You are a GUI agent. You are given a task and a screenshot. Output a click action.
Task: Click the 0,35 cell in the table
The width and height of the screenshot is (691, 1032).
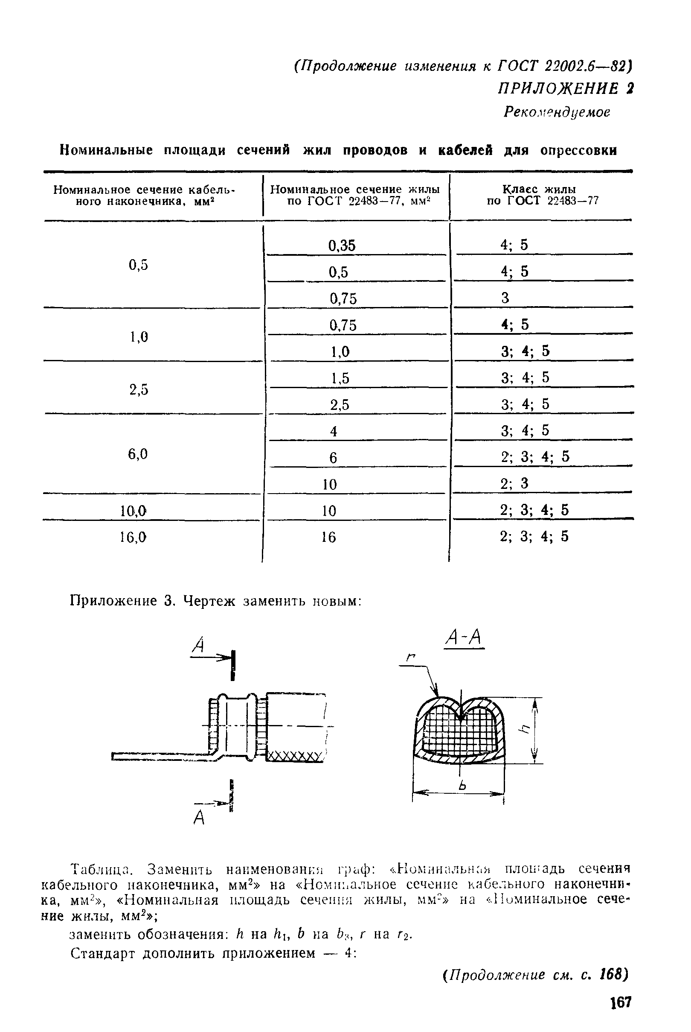point(342,246)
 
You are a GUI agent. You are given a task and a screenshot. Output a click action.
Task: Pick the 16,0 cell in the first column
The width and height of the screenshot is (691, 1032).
point(133,537)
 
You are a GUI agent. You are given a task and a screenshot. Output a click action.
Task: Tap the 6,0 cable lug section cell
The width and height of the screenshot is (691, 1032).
point(137,454)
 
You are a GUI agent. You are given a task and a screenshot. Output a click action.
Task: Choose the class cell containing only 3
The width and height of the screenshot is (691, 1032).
point(505,298)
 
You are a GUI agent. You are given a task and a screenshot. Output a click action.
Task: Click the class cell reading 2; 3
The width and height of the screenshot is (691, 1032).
point(514,483)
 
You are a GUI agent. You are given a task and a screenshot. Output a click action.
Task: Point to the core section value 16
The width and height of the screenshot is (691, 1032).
point(329,537)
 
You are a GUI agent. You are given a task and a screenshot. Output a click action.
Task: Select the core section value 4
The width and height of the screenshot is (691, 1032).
point(334,431)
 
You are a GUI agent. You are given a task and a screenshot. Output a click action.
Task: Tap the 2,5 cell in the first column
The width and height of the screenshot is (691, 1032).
point(139,390)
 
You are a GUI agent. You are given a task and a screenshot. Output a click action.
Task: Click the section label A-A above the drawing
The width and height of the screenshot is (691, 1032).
point(462,638)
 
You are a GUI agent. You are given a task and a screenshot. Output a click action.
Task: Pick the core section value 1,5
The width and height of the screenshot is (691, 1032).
point(340,378)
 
